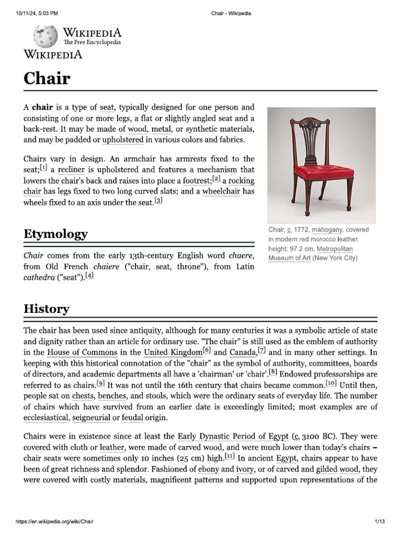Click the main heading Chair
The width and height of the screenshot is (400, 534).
click(x=47, y=78)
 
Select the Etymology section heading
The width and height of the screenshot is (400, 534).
click(x=56, y=234)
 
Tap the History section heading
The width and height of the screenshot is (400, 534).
click(x=46, y=309)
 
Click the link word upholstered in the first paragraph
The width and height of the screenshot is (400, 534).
click(x=123, y=140)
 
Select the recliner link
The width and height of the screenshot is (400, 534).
click(x=71, y=170)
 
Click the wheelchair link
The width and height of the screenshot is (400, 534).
click(x=221, y=191)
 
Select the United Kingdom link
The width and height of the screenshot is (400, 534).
click(x=173, y=353)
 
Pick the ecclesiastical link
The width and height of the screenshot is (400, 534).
click(x=46, y=418)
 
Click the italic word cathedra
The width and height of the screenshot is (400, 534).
click(x=39, y=278)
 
